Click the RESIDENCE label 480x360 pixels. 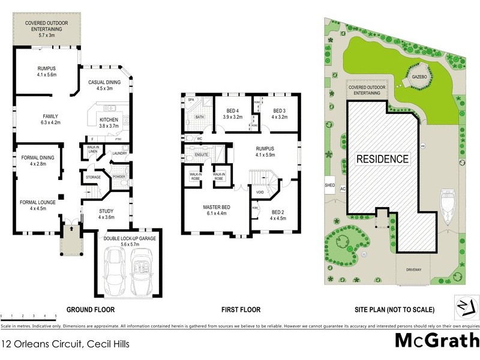pos(383,160)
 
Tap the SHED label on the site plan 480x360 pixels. pos(329,185)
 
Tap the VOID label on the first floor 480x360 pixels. pos(259,193)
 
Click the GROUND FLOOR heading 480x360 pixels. pos(91,310)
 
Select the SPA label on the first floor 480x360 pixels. pos(191,100)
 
